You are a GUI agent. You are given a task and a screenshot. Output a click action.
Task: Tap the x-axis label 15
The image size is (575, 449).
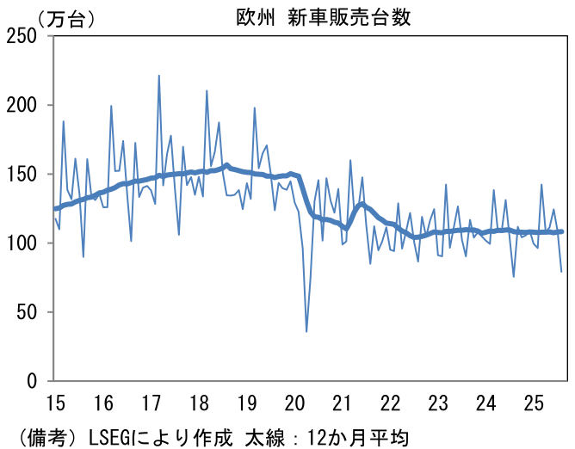56,403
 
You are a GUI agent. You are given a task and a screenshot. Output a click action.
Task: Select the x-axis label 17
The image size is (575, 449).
152,403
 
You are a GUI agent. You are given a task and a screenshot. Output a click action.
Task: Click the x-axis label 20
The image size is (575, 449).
294,403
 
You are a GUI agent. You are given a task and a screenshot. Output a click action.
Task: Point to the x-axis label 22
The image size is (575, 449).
390,403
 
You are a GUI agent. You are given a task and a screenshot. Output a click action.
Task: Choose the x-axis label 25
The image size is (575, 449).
534,403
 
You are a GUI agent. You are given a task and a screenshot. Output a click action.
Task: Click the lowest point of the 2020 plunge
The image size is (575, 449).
306,331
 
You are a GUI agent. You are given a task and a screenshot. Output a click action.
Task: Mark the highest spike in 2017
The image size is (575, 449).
158,76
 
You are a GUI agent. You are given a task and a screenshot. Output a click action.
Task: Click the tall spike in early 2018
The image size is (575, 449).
207,90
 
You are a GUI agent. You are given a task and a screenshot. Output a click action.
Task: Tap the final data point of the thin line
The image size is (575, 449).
561,272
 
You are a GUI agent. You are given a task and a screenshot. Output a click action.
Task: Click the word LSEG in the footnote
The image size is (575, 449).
108,436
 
